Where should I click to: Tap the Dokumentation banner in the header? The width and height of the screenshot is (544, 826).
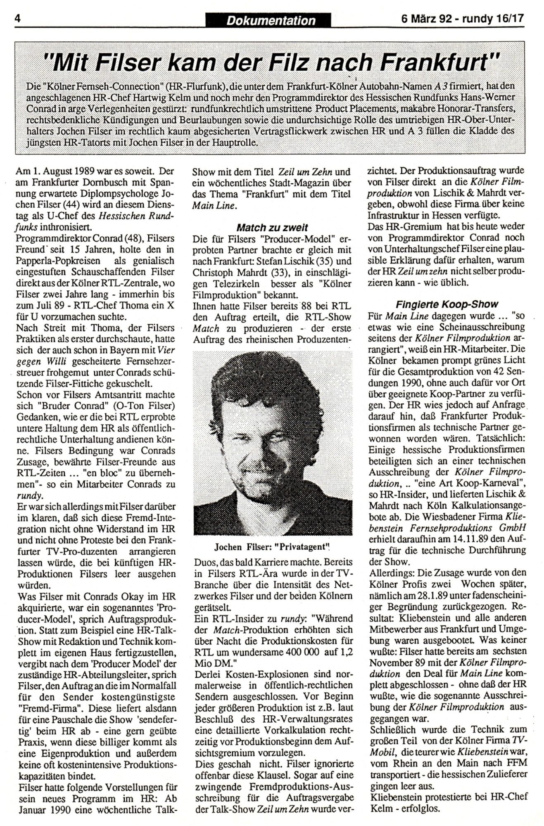271,20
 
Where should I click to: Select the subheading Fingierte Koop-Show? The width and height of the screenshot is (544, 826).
447,304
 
